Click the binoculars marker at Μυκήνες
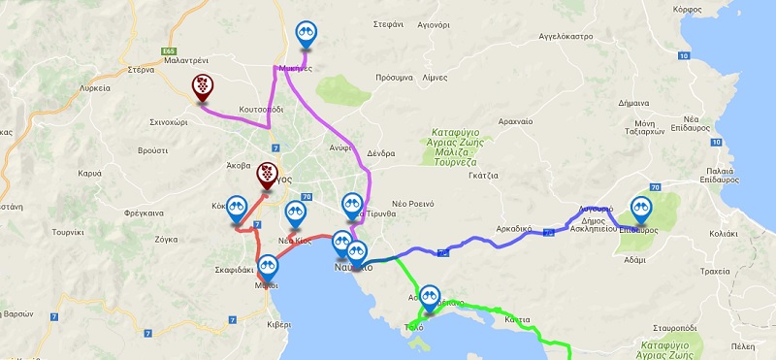tap(307, 35)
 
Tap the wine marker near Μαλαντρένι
tap(202, 86)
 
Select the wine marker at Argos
tap(267, 176)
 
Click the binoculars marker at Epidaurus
tap(640, 208)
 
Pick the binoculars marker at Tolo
tap(430, 297)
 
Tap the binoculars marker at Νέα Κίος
tap(295, 213)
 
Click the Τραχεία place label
tap(714, 273)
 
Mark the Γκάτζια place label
tap(481, 176)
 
